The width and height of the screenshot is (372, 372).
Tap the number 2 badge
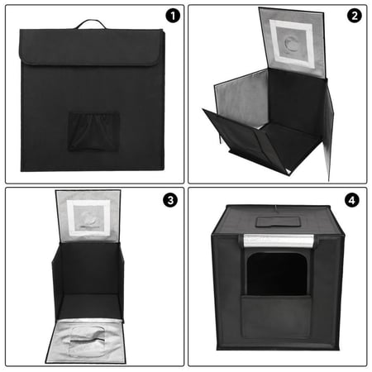[x=354, y=16]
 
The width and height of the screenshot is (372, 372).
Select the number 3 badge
[x=171, y=200]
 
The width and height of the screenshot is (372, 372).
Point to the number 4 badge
[x=354, y=200]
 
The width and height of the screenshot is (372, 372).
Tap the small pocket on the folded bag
[x=93, y=130]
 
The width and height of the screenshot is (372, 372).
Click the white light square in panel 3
[x=88, y=217]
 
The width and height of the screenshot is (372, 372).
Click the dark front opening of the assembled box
[x=277, y=273]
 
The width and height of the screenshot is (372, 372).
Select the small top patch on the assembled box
[x=275, y=222]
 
